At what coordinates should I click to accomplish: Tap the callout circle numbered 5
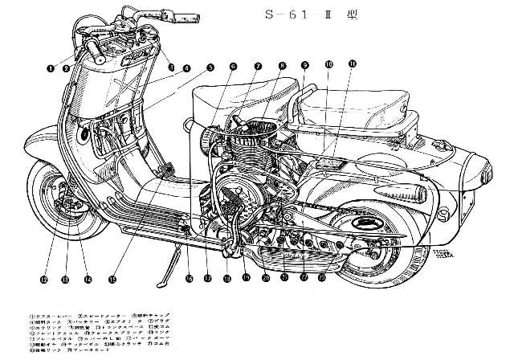coord(210,67)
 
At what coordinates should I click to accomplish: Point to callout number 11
coord(353,63)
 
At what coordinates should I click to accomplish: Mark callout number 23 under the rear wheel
coord(322,278)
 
